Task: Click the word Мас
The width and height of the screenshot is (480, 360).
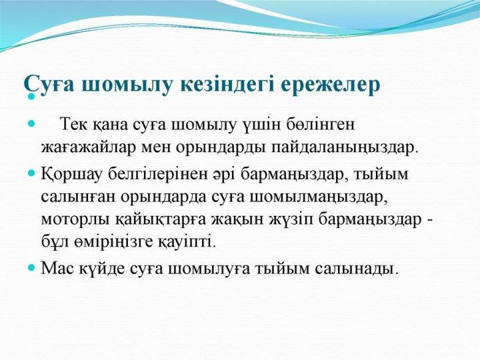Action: [x=55, y=269]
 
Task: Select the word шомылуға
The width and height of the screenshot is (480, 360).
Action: [x=213, y=269]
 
